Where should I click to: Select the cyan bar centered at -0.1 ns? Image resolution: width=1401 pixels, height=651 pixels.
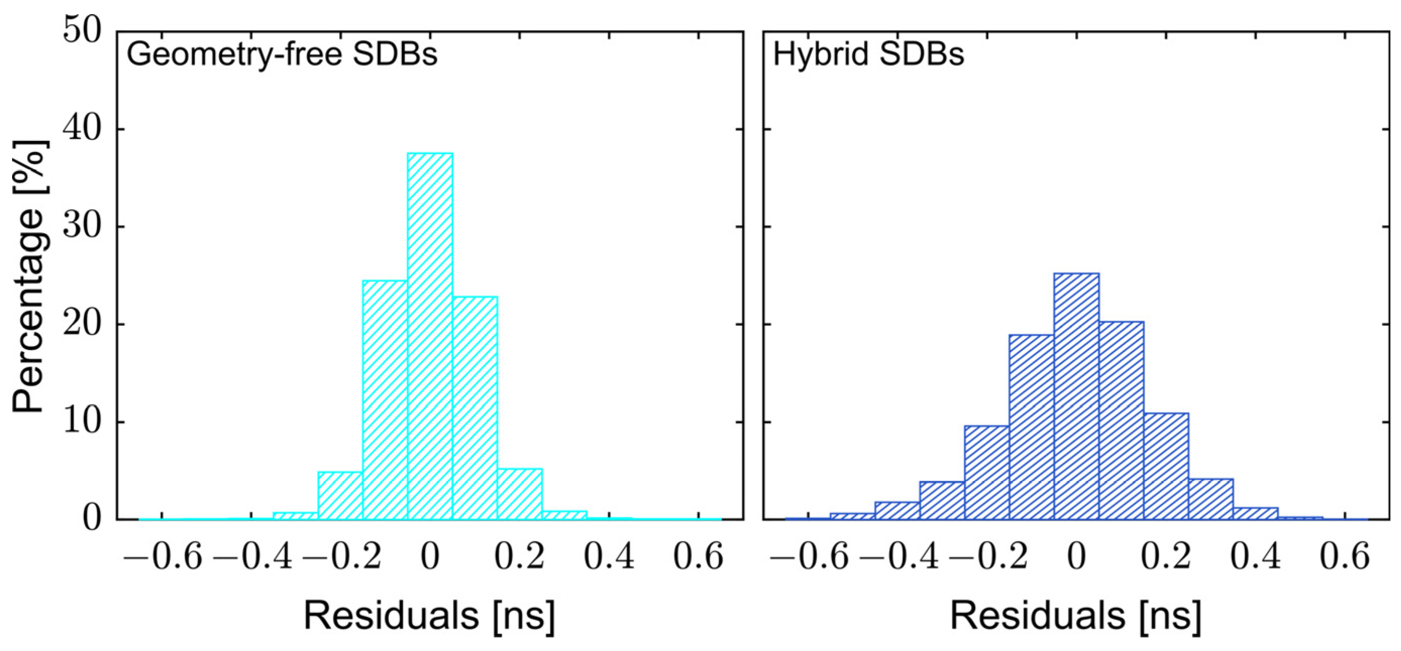pos(385,400)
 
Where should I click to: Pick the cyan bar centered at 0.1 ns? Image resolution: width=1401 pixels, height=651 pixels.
pos(475,408)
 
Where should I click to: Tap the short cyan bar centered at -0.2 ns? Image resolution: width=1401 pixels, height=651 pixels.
pos(341,496)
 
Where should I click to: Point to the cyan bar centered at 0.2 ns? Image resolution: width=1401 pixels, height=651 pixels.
pos(519,494)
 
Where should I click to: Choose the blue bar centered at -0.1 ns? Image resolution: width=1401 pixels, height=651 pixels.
pos(1032,427)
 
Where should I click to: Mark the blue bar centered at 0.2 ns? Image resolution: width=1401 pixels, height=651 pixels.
pos(1165,467)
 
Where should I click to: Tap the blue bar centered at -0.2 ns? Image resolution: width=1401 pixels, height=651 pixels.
pos(987,472)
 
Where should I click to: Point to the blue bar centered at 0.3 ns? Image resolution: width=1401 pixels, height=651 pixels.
pos(1210,499)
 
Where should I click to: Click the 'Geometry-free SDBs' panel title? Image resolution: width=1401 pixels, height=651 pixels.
pos(282,55)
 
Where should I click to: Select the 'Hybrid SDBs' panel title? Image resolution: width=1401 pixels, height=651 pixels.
pos(869,55)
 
